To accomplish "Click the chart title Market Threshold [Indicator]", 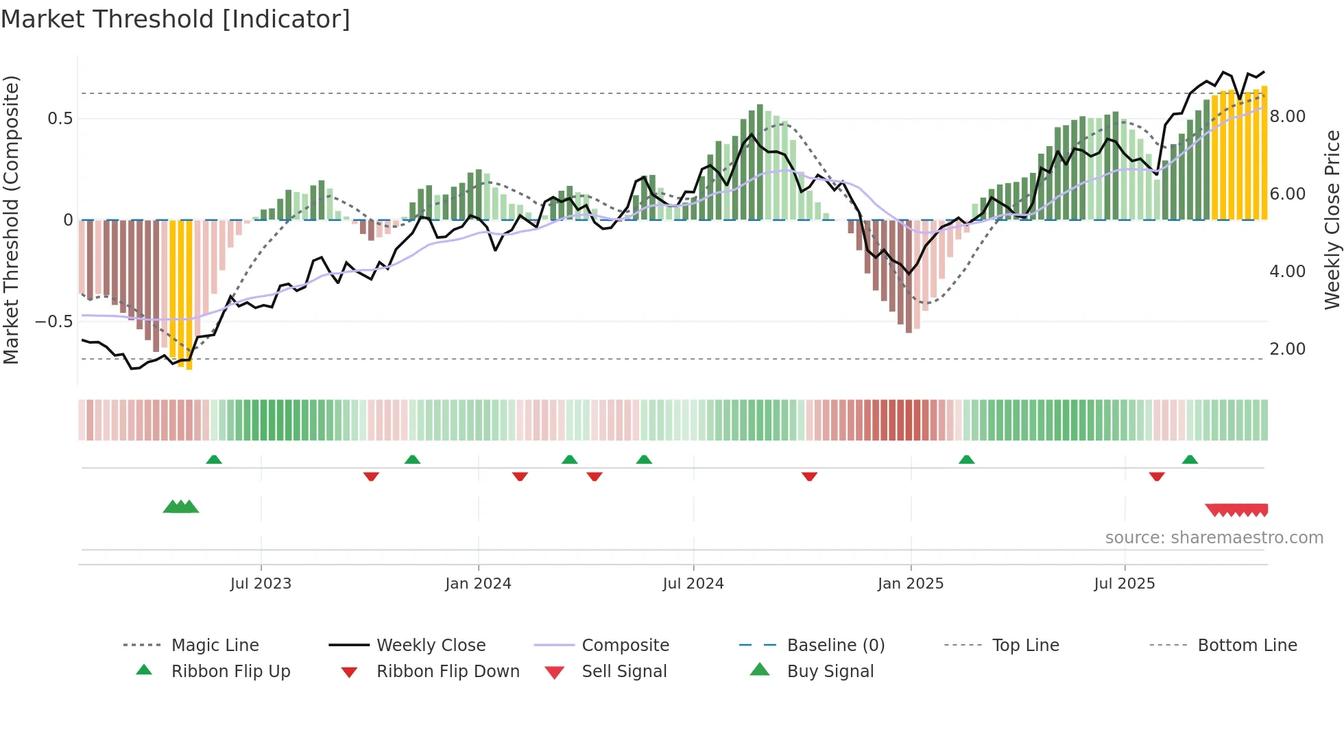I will coord(176,19).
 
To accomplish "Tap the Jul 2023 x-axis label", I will coord(261,584).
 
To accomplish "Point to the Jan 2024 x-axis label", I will coord(478,584).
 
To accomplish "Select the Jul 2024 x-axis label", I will coord(693,584).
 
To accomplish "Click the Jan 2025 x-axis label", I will coord(911,584).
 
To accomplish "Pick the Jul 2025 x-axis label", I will coord(1125,584).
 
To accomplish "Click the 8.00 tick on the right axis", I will coord(1287,117).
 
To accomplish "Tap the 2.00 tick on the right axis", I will coord(1287,349).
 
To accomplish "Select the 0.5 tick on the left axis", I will coord(60,119).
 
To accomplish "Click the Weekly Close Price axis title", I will coord(1332,220).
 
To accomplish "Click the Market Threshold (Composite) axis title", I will coord(11,220).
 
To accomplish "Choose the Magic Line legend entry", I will coord(215,646).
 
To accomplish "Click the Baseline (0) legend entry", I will coord(835,646).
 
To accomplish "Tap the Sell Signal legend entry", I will coord(623,672).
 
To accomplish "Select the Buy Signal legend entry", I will coord(830,672).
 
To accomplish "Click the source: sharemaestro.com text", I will coord(1214,538).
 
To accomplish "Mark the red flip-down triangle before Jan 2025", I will coord(809,476).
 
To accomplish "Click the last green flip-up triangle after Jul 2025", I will coord(1190,460).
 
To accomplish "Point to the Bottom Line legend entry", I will coord(1247,646).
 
